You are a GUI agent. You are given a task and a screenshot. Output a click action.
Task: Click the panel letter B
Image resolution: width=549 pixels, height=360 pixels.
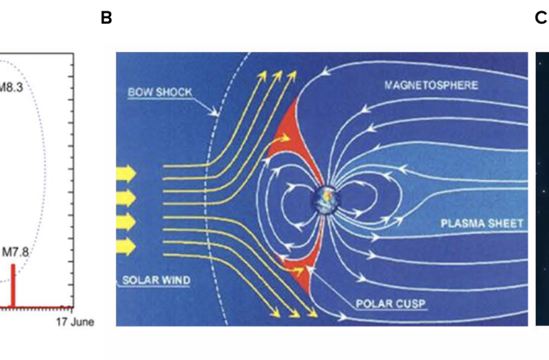(x=106, y=18)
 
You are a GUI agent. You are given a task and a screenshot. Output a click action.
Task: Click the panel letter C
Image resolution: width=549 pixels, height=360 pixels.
(x=542, y=18)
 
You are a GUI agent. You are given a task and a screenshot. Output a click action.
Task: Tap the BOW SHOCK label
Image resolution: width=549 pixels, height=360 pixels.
(x=160, y=92)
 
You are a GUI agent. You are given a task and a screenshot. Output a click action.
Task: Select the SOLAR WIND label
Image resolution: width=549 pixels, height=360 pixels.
(x=156, y=280)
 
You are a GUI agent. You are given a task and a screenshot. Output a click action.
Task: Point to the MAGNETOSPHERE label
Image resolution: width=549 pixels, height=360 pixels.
(x=431, y=85)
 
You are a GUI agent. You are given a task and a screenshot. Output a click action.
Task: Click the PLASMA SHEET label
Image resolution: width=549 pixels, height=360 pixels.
(x=482, y=224)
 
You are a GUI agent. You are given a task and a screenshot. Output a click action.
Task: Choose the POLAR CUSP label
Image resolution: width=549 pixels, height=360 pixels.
(x=390, y=303)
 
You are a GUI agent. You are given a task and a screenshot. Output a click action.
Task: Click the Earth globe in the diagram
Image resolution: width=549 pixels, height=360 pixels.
(x=326, y=200)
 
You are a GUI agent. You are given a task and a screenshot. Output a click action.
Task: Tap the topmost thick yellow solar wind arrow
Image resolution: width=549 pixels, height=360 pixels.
(x=126, y=173)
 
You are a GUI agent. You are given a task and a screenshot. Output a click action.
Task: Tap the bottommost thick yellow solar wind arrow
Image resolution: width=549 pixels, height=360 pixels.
(x=126, y=247)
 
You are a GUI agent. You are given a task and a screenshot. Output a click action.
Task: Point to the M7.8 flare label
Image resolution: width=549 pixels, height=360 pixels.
(x=16, y=252)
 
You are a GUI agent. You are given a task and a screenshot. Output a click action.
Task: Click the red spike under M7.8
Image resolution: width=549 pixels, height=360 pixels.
(x=13, y=286)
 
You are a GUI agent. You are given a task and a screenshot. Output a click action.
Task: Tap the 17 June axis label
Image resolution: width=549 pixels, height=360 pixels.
(x=76, y=321)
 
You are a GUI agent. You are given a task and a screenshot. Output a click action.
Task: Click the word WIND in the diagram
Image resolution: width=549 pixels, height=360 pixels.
(x=176, y=280)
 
